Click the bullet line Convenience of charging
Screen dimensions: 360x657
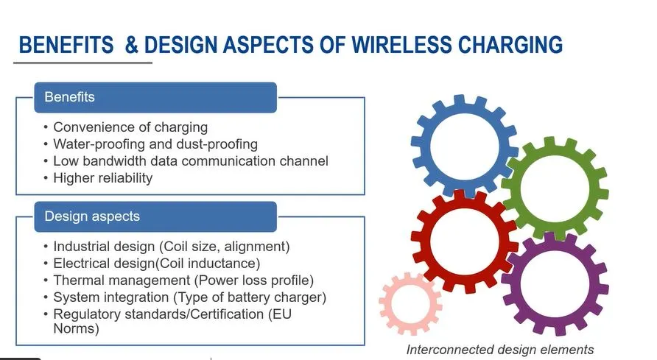click(x=130, y=127)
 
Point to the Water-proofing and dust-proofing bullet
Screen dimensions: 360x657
click(x=155, y=144)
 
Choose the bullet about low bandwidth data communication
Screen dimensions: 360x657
click(x=191, y=160)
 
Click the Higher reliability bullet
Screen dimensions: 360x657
click(x=102, y=177)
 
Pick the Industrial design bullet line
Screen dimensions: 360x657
click(x=172, y=247)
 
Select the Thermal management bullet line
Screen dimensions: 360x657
click(x=183, y=280)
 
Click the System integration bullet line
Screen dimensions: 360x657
click(x=189, y=297)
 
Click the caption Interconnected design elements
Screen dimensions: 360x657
click(x=499, y=349)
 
